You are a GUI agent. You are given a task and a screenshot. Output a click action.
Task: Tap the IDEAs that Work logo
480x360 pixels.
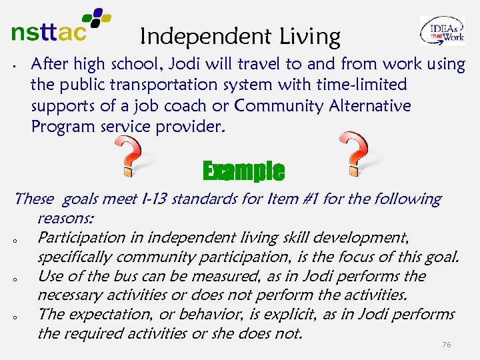click(x=441, y=31)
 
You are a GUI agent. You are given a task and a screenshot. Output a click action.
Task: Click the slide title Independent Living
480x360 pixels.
click(x=241, y=37)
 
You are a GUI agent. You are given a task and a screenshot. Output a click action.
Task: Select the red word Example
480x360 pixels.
click(x=243, y=171)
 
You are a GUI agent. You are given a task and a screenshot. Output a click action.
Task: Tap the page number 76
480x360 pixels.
click(x=447, y=345)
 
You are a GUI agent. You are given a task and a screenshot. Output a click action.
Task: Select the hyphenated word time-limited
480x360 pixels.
click(x=365, y=85)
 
